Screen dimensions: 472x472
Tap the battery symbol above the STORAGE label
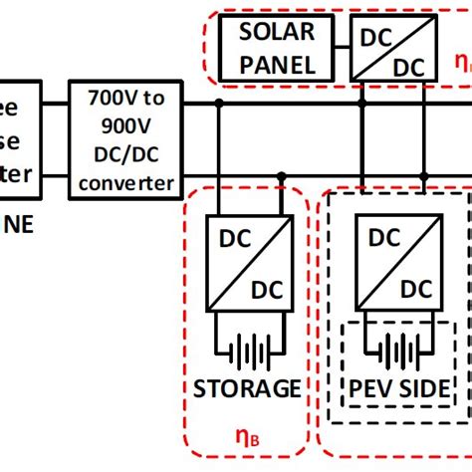pos(245,352)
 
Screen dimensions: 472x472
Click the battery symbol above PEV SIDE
pos(396,352)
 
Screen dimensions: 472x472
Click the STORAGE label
pos(245,387)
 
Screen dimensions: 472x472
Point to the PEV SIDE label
pos(396,387)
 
